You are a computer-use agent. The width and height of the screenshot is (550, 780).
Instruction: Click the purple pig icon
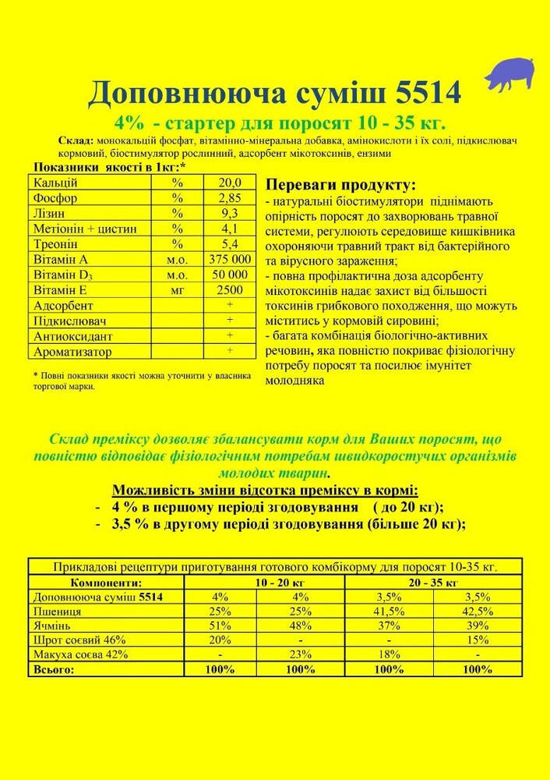tap(509, 72)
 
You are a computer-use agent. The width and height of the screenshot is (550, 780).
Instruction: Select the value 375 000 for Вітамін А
tap(230, 259)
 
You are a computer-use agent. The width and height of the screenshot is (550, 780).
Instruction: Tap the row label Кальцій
tap(56, 183)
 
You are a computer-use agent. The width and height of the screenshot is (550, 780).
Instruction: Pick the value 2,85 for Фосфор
tap(230, 198)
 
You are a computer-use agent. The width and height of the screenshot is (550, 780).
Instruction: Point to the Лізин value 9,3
tap(230, 213)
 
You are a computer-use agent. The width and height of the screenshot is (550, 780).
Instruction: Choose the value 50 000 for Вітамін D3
tap(230, 275)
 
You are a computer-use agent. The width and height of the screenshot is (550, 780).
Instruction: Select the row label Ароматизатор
tap(72, 352)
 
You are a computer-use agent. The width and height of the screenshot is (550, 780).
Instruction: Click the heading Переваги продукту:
tap(340, 185)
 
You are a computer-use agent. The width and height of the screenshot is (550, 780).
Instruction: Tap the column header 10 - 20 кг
tap(271, 582)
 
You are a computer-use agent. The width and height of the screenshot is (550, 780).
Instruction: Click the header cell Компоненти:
tap(106, 582)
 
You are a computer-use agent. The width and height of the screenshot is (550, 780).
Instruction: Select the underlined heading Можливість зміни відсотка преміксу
tap(265, 491)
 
